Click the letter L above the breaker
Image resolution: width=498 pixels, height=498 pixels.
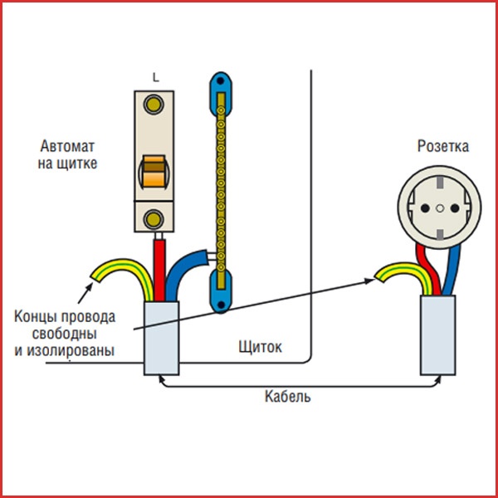click(155, 77)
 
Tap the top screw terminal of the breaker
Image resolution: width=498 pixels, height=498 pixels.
click(154, 105)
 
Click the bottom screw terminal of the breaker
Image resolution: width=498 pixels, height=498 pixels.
click(154, 219)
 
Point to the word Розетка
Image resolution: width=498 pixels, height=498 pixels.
click(442, 147)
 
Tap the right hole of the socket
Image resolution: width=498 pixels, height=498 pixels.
click(458, 203)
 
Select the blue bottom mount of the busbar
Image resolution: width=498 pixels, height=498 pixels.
click(221, 295)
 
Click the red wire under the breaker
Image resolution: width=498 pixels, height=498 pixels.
click(157, 266)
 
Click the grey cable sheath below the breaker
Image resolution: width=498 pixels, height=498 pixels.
click(162, 338)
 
